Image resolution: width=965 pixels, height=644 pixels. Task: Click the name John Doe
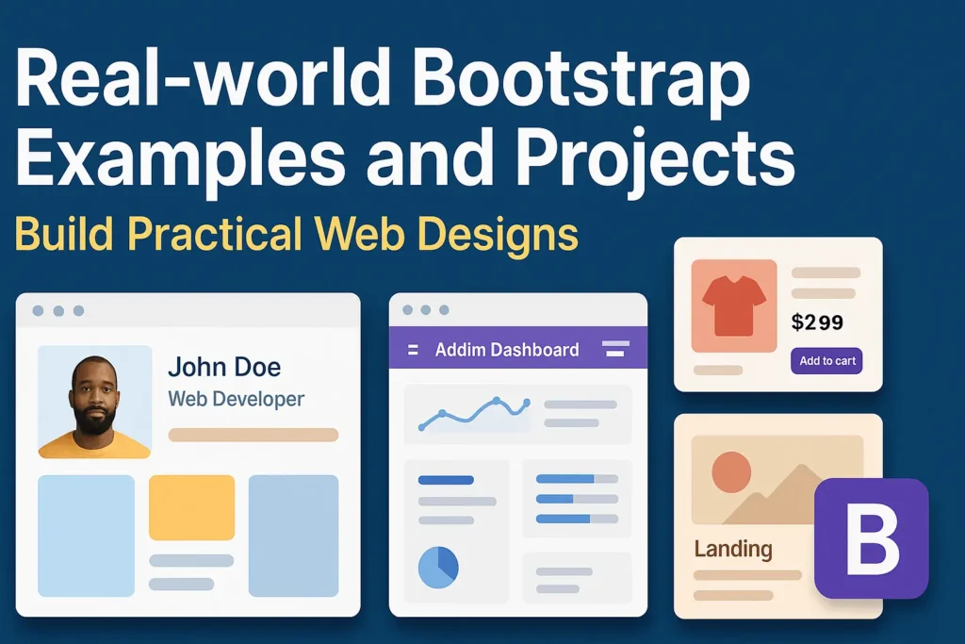point(224,367)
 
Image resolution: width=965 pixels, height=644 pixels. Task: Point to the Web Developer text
point(236,399)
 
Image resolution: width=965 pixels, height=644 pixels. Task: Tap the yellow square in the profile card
point(191,507)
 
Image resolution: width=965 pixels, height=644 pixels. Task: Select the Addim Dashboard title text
point(507,350)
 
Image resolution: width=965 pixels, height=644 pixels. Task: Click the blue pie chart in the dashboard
point(438,566)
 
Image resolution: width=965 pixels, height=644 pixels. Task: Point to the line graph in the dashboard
point(472,412)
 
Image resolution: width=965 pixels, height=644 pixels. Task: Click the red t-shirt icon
point(734,306)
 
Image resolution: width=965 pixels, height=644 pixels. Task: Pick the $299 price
point(817,322)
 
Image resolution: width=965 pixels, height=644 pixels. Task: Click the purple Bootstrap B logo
point(871,538)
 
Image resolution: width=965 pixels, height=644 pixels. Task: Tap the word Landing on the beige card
point(732,548)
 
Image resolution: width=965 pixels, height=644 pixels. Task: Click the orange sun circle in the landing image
point(731,471)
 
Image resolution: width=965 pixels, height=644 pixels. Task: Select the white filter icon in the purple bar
point(615,349)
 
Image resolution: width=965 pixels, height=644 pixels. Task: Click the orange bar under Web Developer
point(253,435)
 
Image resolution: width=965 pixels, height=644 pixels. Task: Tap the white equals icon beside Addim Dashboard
point(412,350)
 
